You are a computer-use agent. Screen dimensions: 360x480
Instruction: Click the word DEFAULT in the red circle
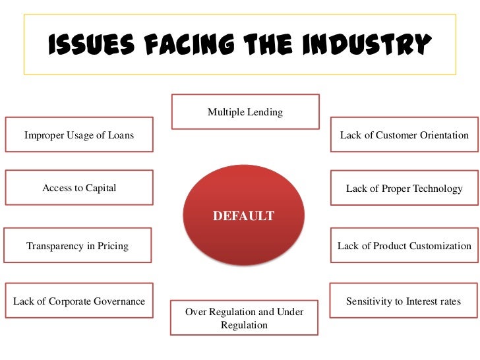pos(243,216)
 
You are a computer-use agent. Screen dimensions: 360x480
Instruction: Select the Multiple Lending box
pos(245,111)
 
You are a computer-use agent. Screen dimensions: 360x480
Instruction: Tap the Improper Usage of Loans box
pos(79,135)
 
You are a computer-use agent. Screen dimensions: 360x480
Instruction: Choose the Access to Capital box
pos(79,188)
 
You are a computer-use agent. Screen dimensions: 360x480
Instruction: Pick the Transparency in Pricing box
pos(78,246)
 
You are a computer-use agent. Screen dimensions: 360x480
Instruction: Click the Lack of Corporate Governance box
pos(79,301)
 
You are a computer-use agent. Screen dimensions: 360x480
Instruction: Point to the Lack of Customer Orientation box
pos(404,135)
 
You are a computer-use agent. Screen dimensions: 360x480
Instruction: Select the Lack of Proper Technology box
pos(404,189)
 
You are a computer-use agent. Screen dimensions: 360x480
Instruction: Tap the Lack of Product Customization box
pos(404,246)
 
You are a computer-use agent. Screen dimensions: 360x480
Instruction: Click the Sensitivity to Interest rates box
pos(404,301)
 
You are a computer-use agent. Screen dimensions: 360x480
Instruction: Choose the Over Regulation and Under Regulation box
pos(245,318)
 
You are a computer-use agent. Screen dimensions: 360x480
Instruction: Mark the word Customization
pos(440,246)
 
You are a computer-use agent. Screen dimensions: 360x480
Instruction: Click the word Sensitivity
pos(369,301)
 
